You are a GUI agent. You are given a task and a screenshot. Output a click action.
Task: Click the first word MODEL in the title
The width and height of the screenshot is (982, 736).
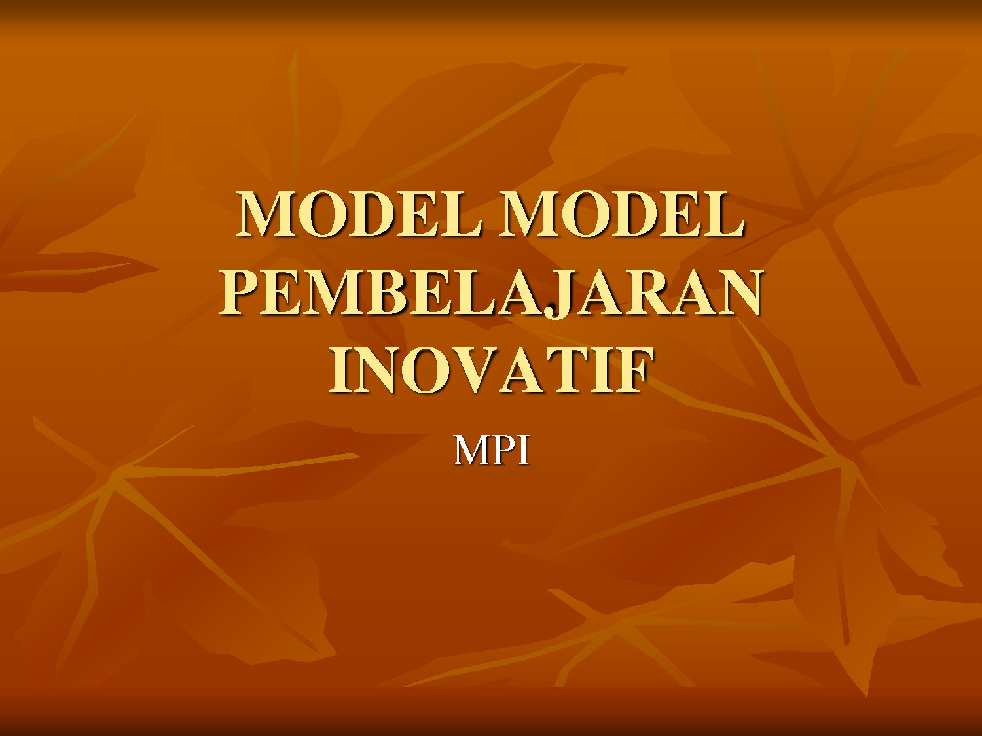(x=359, y=213)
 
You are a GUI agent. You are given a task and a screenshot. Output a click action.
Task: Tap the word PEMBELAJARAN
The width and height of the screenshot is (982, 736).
(x=490, y=292)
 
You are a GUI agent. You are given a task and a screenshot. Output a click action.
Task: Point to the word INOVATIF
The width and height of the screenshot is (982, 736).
(x=490, y=370)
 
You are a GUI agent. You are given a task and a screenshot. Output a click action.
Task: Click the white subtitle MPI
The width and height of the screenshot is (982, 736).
(x=491, y=451)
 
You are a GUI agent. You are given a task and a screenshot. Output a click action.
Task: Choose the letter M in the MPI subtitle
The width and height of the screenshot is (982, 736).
(x=473, y=451)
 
